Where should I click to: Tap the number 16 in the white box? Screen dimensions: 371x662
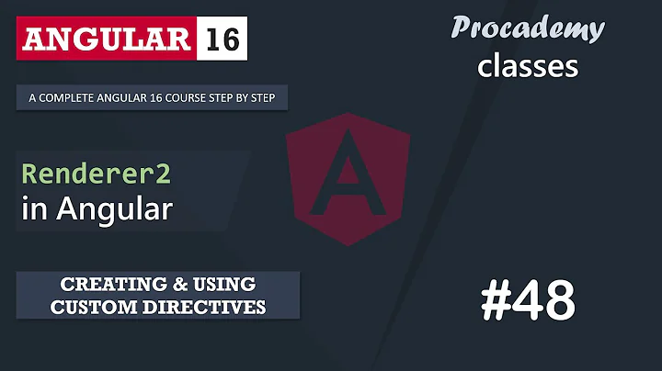(223, 40)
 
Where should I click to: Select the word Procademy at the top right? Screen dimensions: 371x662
(527, 28)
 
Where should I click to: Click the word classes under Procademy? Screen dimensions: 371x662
(527, 66)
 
